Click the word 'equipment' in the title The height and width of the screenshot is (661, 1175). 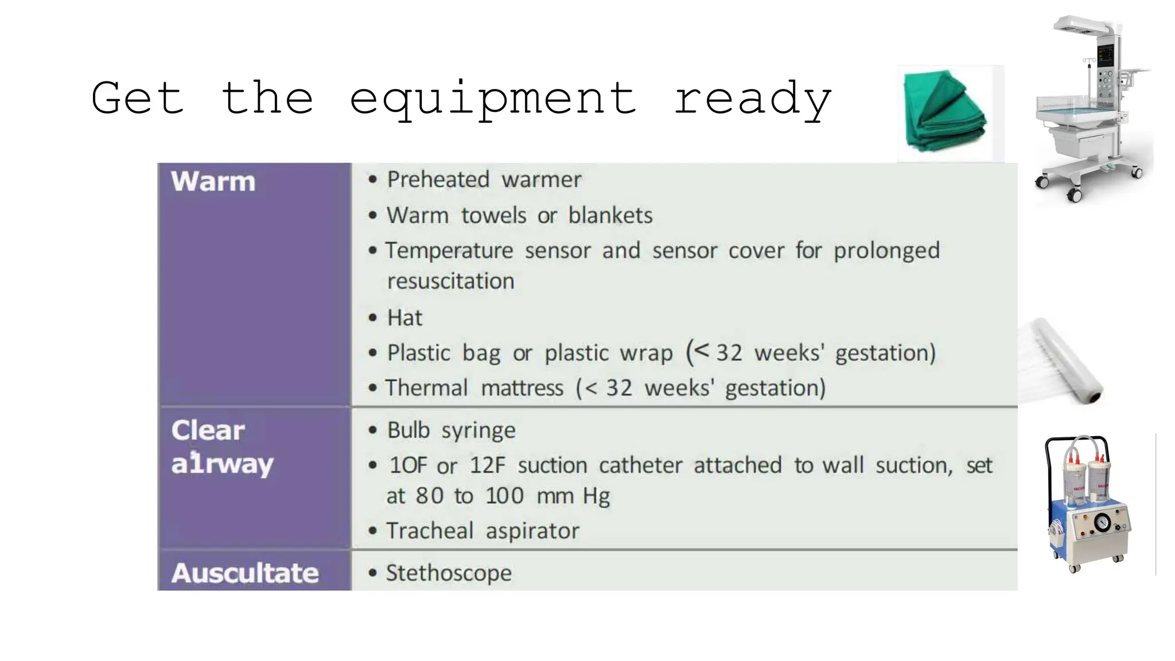[492, 99]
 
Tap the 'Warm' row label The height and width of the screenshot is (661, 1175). [213, 181]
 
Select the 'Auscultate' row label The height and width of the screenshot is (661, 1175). [245, 573]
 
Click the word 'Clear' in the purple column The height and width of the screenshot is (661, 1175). [208, 430]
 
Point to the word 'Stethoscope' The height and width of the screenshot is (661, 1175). [449, 573]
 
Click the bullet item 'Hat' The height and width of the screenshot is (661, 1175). [404, 318]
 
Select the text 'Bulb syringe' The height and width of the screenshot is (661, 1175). [451, 430]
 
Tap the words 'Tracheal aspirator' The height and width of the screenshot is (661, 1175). [483, 531]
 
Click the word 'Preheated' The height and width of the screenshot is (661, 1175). [438, 180]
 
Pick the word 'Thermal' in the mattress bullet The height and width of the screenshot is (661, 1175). [427, 388]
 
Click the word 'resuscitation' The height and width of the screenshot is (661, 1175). [451, 281]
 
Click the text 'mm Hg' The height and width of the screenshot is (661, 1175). [573, 496]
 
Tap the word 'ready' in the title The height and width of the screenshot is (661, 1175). [752, 99]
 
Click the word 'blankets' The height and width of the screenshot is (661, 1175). [610, 216]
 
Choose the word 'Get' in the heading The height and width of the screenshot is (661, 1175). [138, 99]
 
